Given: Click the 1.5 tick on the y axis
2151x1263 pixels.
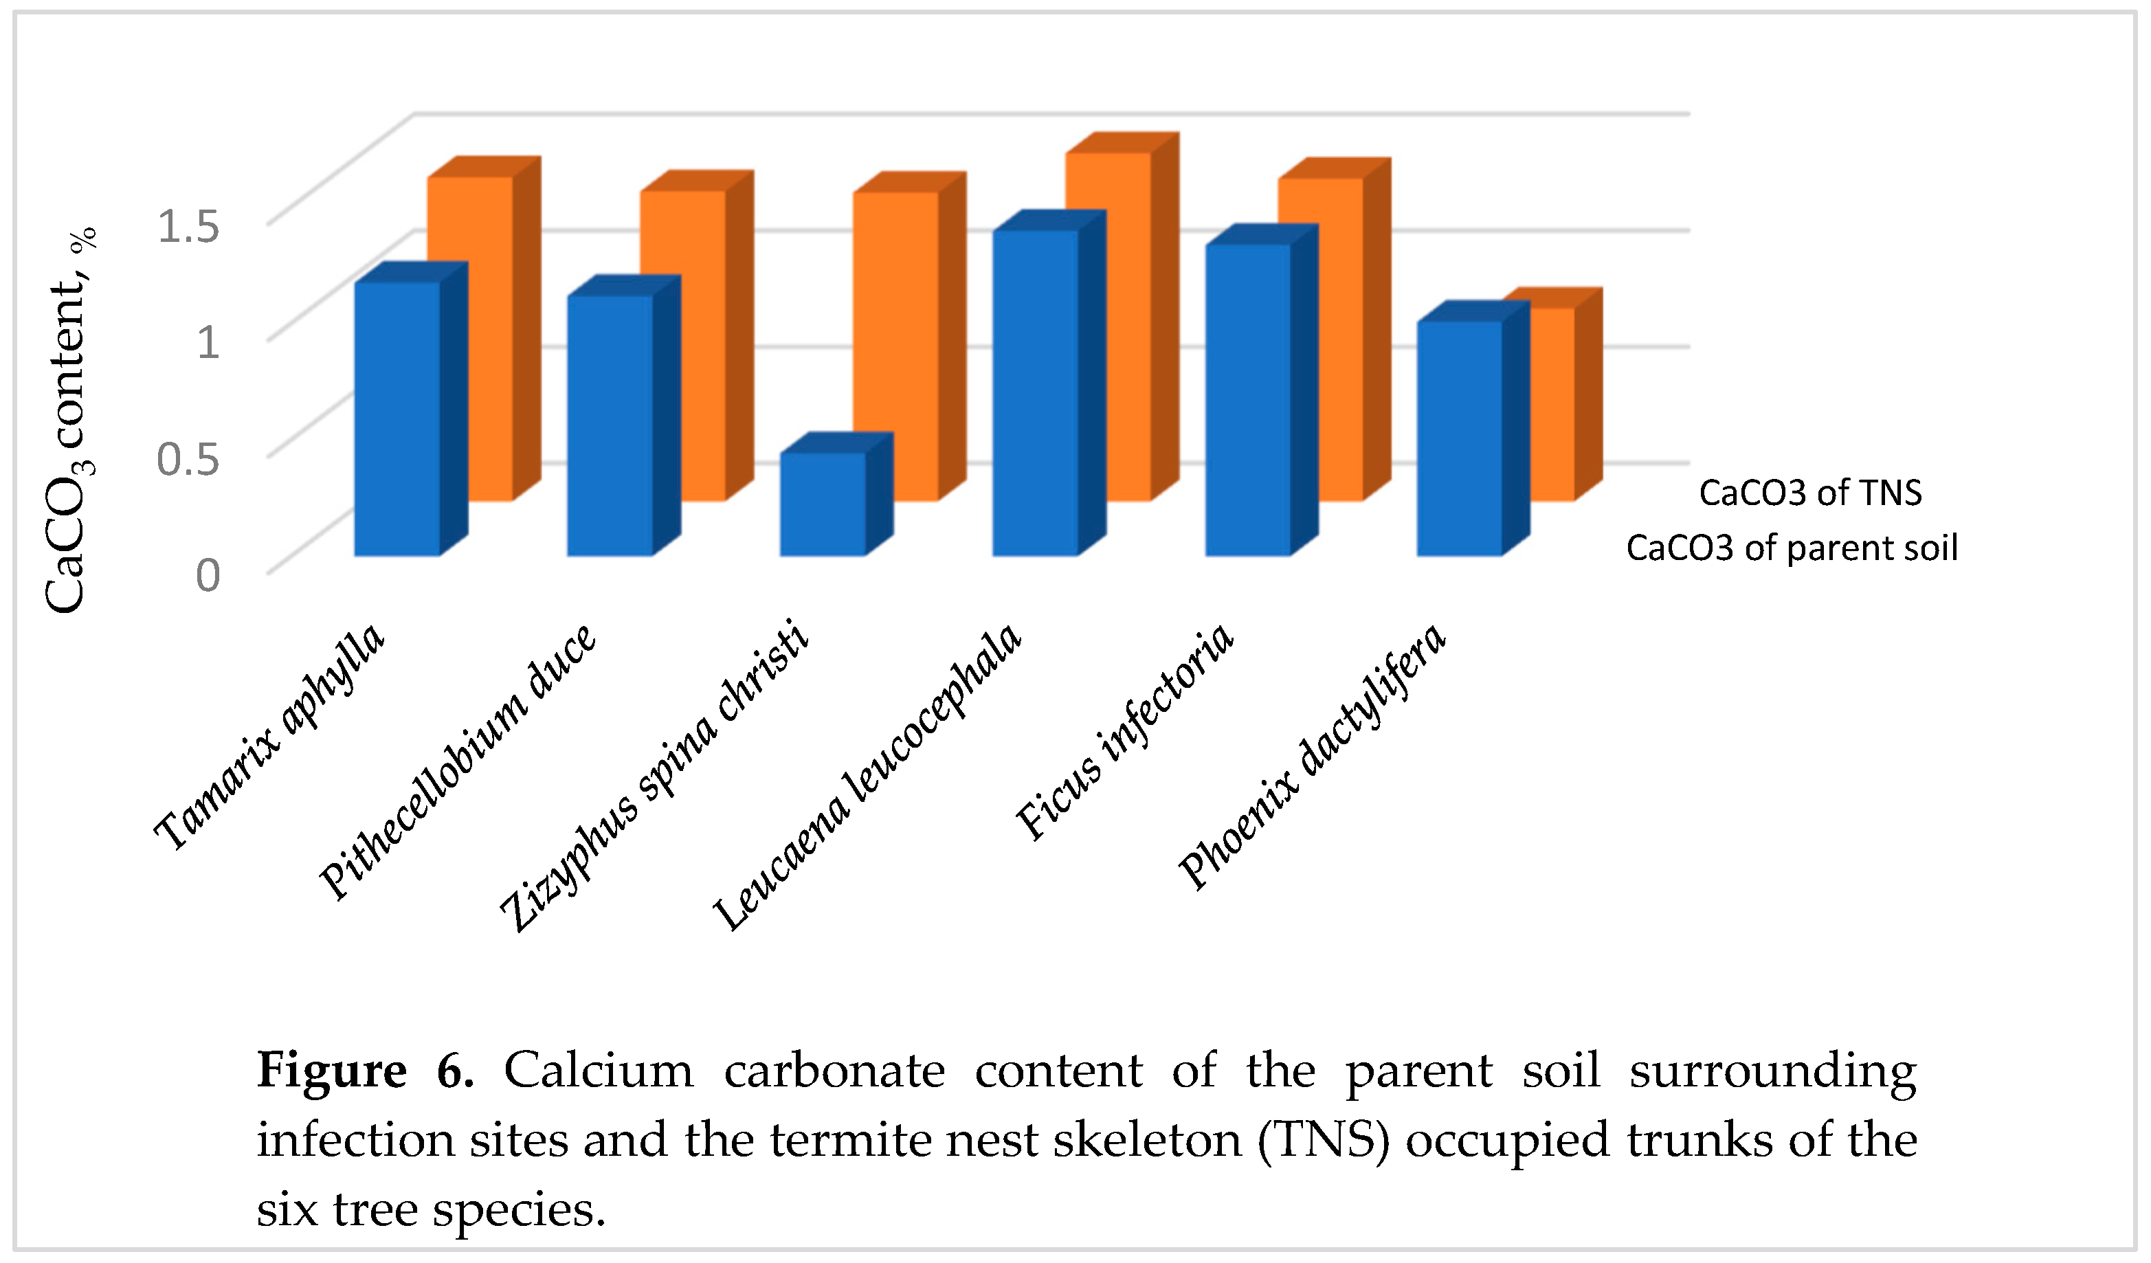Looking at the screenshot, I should (x=188, y=226).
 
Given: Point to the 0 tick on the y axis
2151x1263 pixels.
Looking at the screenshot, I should (x=208, y=576).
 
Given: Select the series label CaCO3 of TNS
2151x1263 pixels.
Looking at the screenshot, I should (x=1809, y=493).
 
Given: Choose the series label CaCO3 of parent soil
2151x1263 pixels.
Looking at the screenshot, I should (x=1791, y=548).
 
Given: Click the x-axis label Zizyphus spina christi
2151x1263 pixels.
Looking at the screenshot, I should (x=653, y=776).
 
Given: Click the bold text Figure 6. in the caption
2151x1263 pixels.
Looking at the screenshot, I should (x=366, y=1070).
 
